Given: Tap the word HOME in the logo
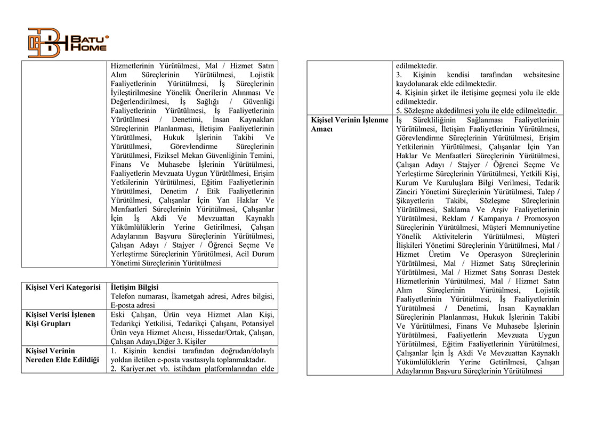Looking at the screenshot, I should click(x=88, y=48).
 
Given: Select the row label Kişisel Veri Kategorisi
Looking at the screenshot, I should click(x=63, y=287).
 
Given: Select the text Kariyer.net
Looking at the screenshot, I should click(x=139, y=369).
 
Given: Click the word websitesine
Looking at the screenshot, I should click(x=541, y=75).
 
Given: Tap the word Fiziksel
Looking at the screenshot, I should click(x=167, y=156).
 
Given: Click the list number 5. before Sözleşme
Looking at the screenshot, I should click(x=399, y=111).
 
